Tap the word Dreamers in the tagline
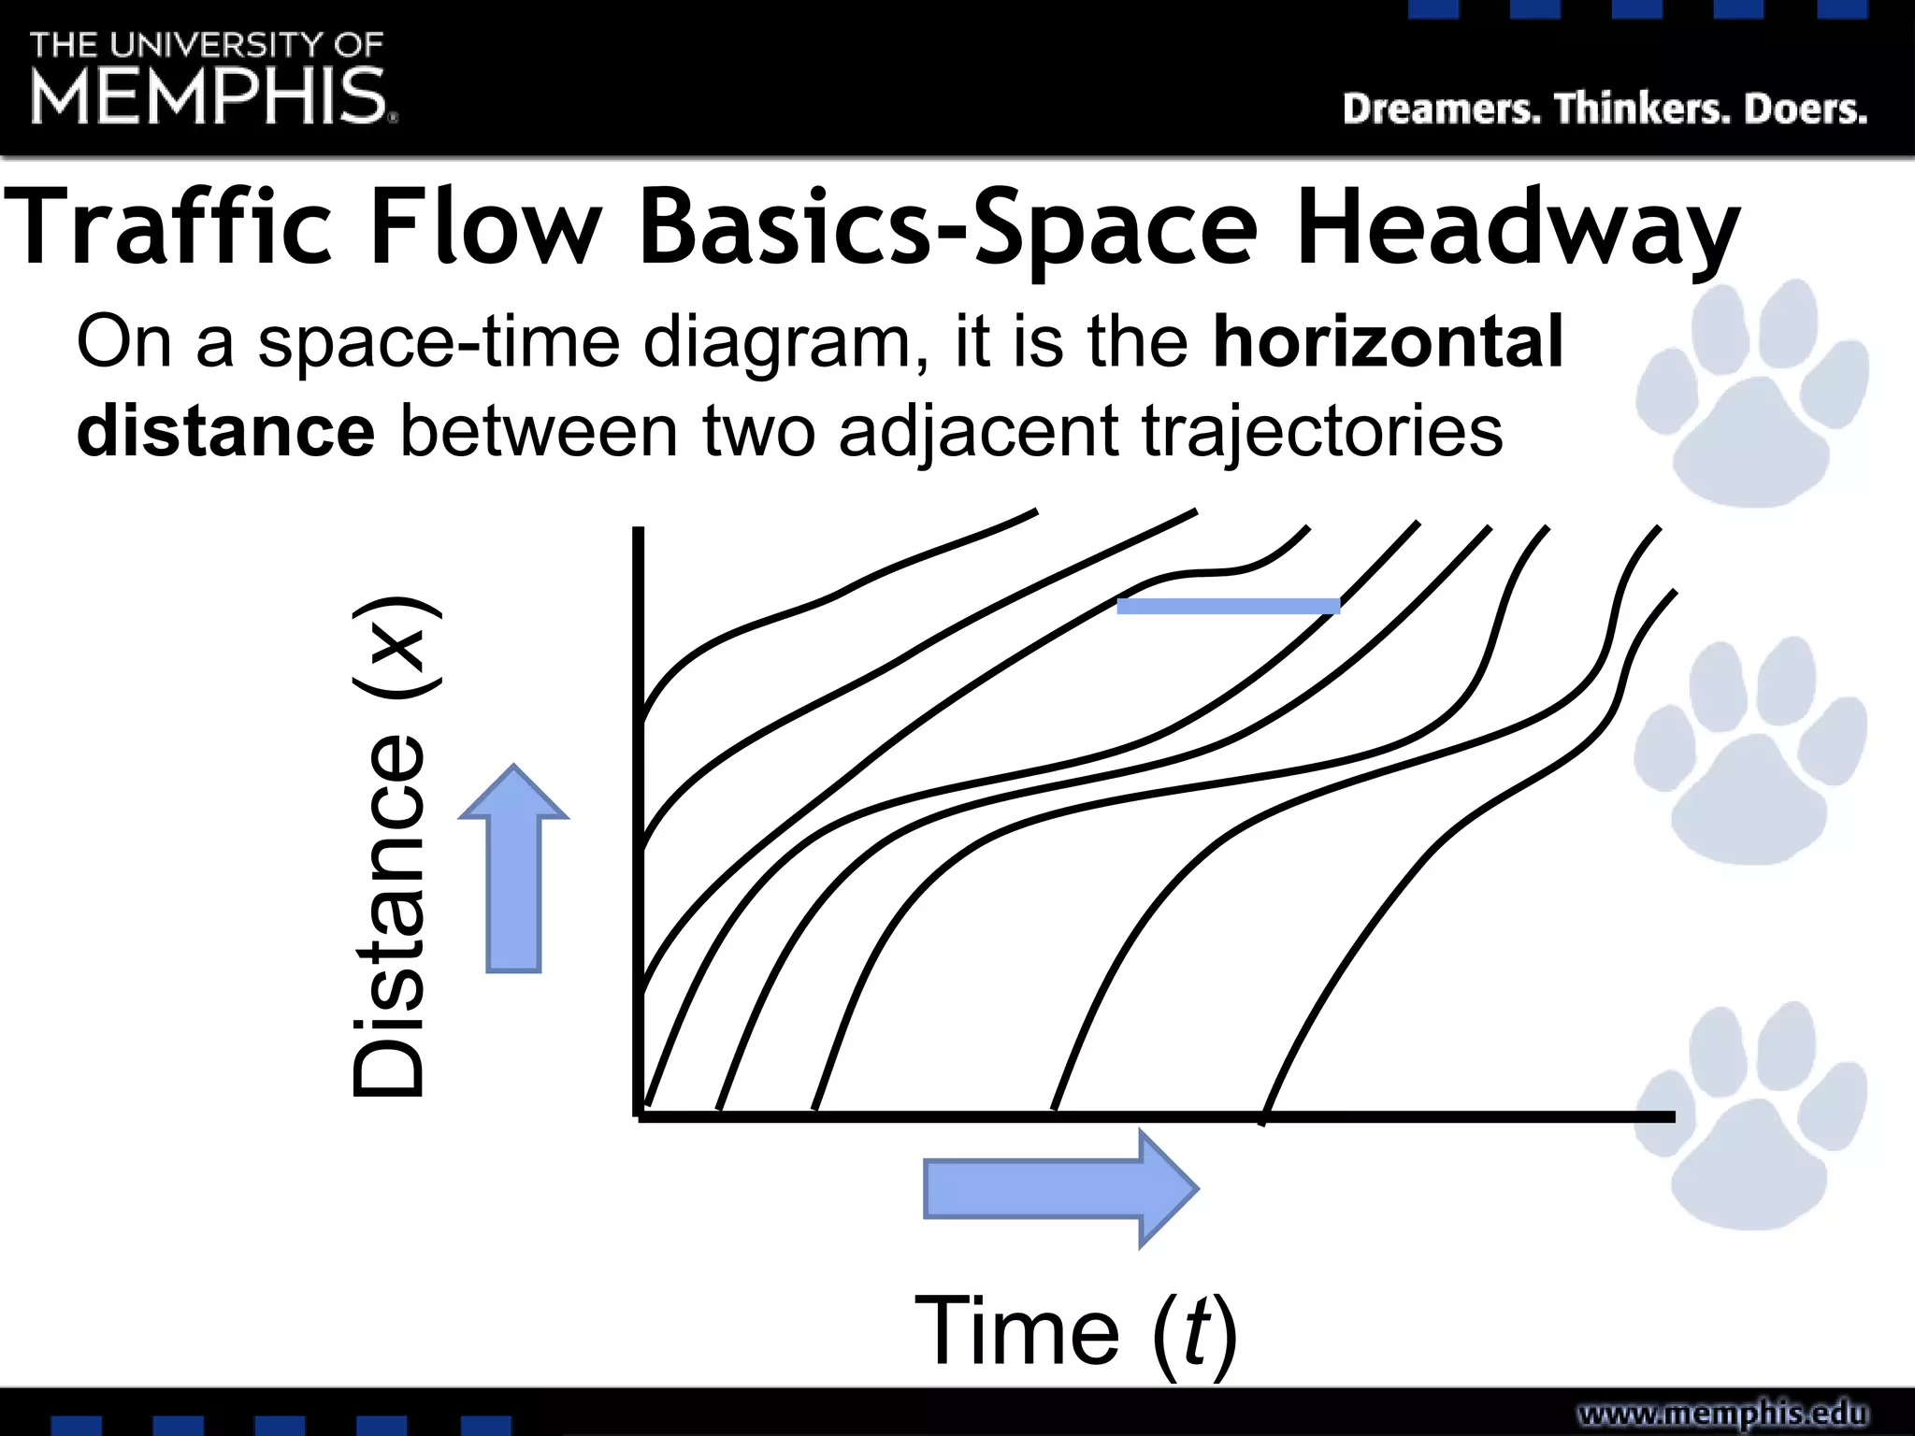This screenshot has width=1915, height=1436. [x=1441, y=109]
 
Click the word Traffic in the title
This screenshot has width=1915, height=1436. [x=169, y=227]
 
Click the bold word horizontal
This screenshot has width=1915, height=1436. [x=1388, y=342]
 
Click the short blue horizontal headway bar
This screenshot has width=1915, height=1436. [x=1228, y=606]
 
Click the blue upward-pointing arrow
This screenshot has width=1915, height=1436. [x=513, y=869]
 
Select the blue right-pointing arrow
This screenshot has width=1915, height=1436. [x=1060, y=1188]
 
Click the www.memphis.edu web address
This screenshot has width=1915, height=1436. [x=1722, y=1413]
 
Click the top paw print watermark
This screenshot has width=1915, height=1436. [x=1750, y=396]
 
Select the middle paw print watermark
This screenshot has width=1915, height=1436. [x=1750, y=754]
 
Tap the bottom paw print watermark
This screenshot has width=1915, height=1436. [x=1750, y=1117]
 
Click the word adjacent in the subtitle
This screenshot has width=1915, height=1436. [x=978, y=433]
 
